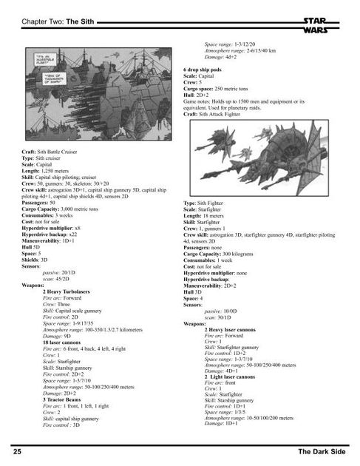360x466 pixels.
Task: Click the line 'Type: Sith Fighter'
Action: [x=203, y=202]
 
